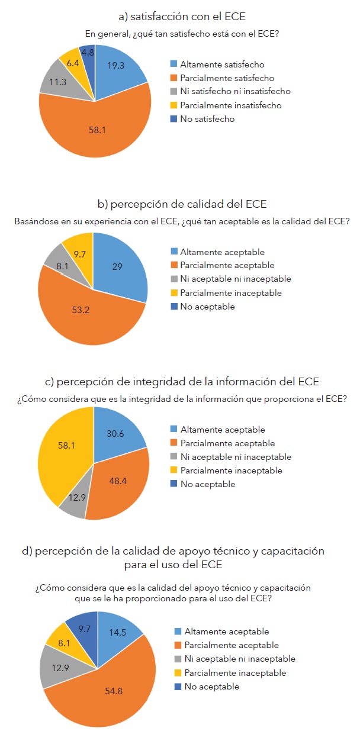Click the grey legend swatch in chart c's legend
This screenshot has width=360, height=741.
tap(174, 457)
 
